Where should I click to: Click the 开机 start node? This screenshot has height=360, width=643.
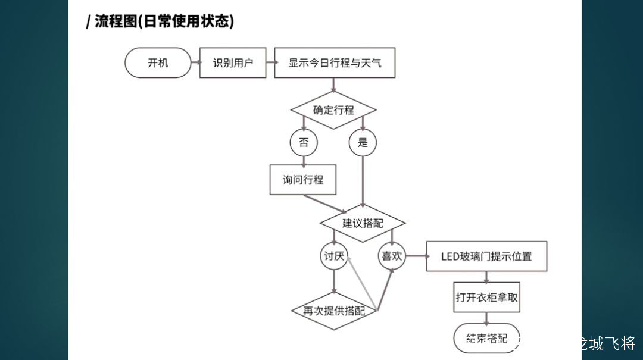pos(158,62)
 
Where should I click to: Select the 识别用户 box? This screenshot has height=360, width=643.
pos(232,62)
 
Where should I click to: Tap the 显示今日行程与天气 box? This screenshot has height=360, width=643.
pos(335,62)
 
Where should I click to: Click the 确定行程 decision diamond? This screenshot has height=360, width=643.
pos(333,110)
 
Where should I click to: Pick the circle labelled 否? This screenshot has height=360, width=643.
pos(304,143)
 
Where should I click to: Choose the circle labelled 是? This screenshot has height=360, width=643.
pos(363,143)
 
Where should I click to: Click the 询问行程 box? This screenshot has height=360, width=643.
pos(302,179)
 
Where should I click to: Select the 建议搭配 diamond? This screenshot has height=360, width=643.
pos(363,223)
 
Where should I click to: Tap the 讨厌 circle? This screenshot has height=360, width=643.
pos(333,256)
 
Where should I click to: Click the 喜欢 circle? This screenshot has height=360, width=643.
pos(392,256)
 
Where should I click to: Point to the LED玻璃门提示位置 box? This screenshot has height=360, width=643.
pos(486,256)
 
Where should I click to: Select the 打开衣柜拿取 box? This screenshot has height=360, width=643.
pos(486,298)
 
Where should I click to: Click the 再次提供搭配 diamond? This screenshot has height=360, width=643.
pos(334,311)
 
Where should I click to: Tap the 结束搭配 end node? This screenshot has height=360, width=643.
pos(486,339)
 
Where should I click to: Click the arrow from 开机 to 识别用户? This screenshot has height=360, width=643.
pos(195,62)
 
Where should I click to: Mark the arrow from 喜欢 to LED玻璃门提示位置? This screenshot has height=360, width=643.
pos(416,256)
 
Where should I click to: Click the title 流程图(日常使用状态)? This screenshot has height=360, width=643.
pos(160,22)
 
